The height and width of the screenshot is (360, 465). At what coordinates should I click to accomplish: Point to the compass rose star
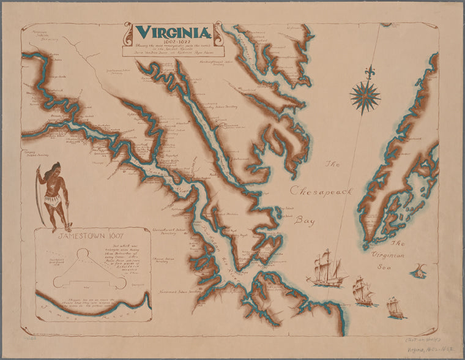365,97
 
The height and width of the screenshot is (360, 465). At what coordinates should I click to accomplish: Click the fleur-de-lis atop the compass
368,72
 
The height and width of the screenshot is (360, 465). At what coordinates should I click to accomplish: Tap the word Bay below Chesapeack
305,219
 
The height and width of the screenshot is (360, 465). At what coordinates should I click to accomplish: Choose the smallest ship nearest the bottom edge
395,308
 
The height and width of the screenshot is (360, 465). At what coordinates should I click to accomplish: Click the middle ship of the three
363,291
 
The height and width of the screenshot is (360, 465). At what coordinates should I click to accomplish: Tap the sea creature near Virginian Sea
420,269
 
